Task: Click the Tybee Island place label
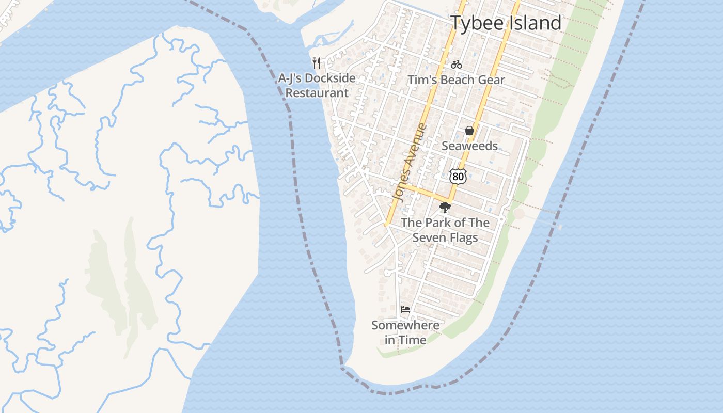506,23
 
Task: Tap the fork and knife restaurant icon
317,63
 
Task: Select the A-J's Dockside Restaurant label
317,86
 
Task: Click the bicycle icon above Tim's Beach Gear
456,65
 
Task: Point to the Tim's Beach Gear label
456,80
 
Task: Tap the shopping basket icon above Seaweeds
469,131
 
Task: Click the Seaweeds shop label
469,146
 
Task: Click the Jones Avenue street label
410,162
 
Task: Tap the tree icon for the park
445,208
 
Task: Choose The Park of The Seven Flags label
445,230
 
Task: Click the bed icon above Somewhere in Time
405,310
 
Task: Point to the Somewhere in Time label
405,332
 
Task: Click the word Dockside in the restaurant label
331,78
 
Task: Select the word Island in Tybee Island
536,23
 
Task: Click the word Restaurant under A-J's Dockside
317,93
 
